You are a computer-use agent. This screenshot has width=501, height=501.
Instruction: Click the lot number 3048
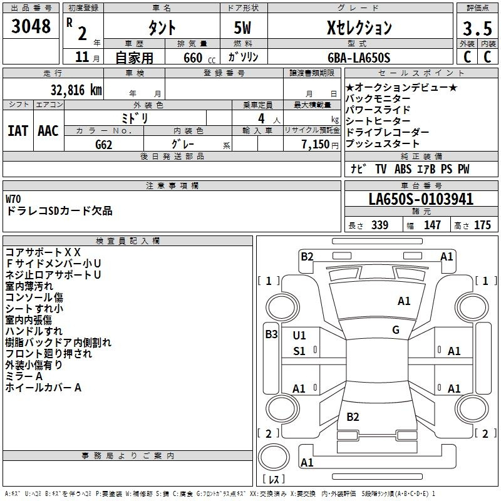click(x=31, y=28)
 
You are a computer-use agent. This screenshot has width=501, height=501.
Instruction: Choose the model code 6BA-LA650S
click(x=359, y=58)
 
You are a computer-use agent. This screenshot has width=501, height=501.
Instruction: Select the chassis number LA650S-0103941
click(x=421, y=200)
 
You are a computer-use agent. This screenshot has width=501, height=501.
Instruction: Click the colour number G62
click(x=104, y=144)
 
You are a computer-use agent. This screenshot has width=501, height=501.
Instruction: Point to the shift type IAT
click(x=18, y=131)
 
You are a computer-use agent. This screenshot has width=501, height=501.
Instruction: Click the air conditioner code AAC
click(x=48, y=131)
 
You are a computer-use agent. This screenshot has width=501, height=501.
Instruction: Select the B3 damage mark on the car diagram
click(x=271, y=334)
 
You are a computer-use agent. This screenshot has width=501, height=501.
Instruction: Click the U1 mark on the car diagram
click(x=299, y=336)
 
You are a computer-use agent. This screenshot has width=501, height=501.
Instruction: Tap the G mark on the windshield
click(x=396, y=330)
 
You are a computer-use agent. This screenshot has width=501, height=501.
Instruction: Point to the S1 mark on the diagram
click(x=299, y=351)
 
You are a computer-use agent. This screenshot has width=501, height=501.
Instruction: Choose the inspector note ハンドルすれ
click(x=34, y=331)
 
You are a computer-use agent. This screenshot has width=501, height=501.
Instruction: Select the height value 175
click(x=482, y=225)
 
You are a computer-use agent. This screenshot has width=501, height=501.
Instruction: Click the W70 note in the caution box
click(x=14, y=199)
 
